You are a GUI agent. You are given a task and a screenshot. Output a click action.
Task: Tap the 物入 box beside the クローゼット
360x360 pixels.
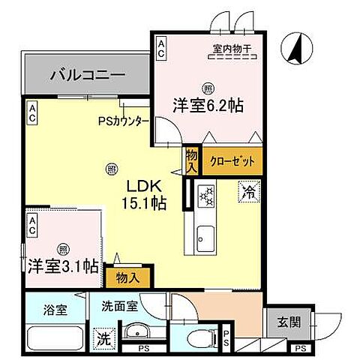pos(191,159)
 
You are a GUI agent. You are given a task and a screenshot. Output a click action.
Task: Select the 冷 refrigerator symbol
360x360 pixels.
pos(250,192)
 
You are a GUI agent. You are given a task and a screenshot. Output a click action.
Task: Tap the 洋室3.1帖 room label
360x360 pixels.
pos(64,265)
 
